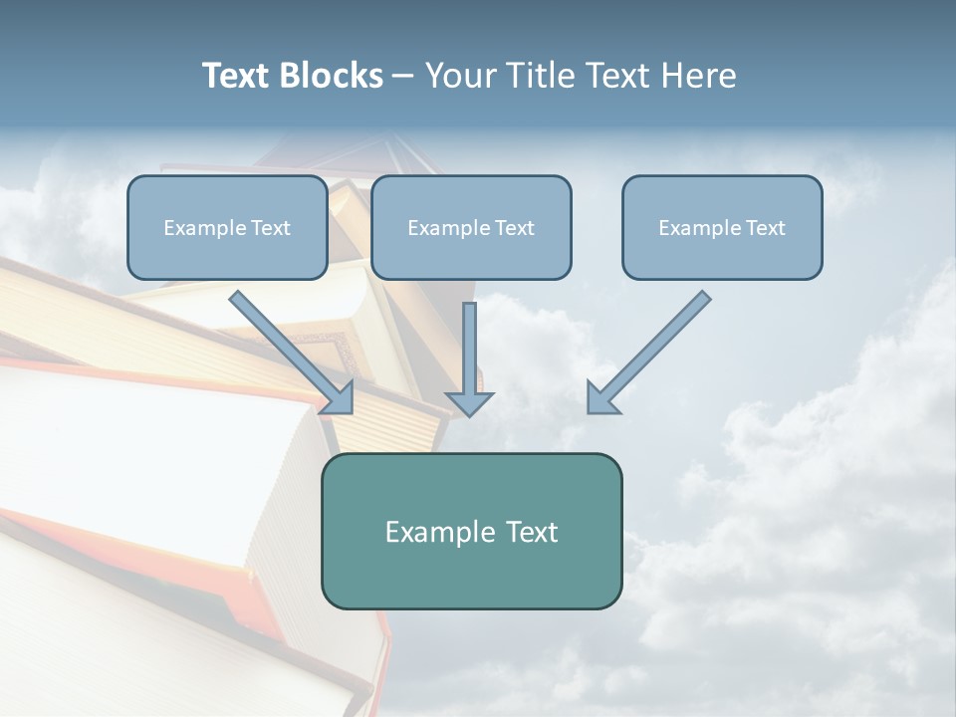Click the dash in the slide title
click(403, 77)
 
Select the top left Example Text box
click(227, 227)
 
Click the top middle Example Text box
click(471, 227)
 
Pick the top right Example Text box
click(722, 227)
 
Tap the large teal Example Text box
click(471, 531)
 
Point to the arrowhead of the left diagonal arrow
click(339, 398)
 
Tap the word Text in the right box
click(765, 228)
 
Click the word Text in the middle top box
click(514, 228)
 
